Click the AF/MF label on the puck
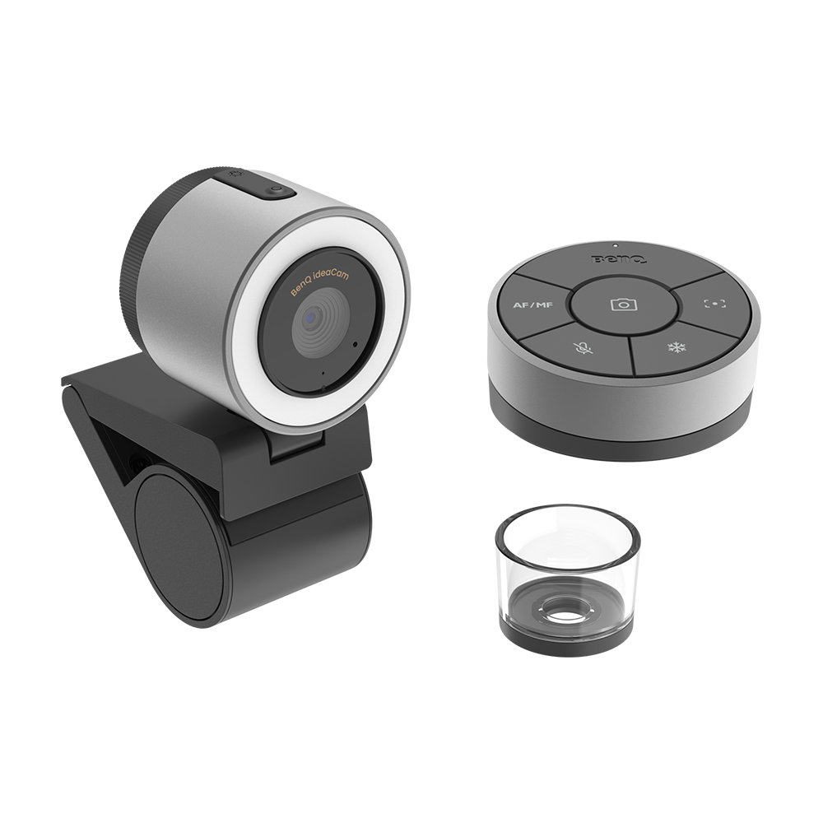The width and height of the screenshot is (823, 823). pos(532,305)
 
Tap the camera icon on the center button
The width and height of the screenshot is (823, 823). pos(624,305)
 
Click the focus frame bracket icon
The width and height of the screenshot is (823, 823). pos(715,304)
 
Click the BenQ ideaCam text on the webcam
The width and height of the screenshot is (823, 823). pos(320,283)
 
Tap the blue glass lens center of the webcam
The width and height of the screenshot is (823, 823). pos(311,317)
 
